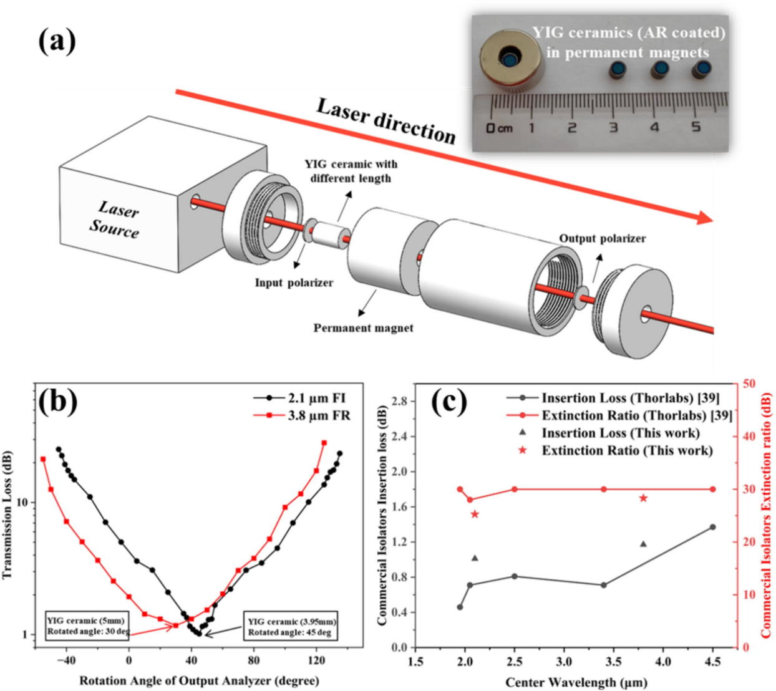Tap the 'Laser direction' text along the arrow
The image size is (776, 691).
(x=386, y=121)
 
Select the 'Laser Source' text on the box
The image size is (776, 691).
(x=115, y=219)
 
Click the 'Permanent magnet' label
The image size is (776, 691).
(x=363, y=328)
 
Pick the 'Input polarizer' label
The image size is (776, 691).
(x=293, y=283)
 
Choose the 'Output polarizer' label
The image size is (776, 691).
(x=602, y=238)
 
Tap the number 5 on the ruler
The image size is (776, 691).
(x=696, y=127)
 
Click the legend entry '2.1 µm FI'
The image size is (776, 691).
(x=316, y=398)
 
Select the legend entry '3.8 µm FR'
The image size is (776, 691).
(x=318, y=415)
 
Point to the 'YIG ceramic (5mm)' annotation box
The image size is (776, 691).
(x=87, y=626)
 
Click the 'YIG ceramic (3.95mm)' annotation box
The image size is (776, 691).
(x=291, y=626)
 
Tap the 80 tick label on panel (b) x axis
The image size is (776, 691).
(x=254, y=660)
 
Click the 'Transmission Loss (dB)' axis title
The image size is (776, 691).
(x=7, y=515)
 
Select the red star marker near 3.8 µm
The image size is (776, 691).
(x=643, y=498)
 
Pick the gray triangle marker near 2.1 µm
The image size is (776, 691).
(x=475, y=558)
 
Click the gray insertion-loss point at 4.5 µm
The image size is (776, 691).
(x=712, y=527)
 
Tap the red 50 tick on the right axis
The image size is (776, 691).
(x=749, y=384)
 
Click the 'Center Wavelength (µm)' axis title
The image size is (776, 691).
(x=576, y=682)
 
